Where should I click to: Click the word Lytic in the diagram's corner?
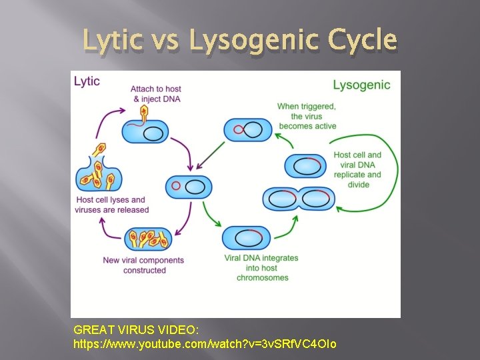coord(87,81)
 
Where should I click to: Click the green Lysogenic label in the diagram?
coord(361,85)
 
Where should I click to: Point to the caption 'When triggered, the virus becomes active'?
coord(307,116)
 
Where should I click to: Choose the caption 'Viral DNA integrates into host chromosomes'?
coord(262,267)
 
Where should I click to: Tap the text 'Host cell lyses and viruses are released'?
coord(111,205)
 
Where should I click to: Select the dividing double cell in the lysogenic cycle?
coord(299,199)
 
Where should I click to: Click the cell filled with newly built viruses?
coord(147,239)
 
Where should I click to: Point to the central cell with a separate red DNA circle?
coord(189,187)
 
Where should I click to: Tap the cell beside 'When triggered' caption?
coord(248,129)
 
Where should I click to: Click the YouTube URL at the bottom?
coord(205,344)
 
